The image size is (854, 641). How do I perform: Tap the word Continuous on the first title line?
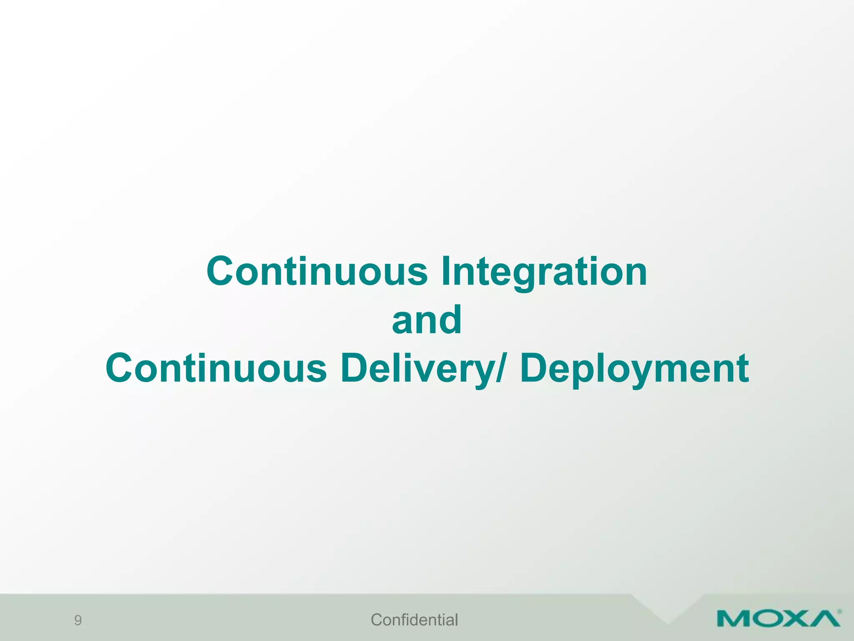coord(317,272)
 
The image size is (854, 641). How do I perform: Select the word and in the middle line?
coord(427,320)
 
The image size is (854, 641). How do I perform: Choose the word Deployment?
coord(634,368)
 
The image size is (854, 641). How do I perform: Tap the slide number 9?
coord(78,621)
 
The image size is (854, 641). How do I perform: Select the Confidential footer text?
coord(414,620)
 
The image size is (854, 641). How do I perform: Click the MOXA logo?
coord(778,618)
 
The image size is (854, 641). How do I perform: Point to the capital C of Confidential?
coord(377,620)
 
